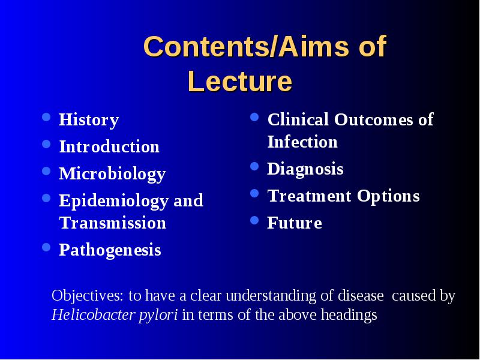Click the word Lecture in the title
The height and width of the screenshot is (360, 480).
pyautogui.click(x=240, y=81)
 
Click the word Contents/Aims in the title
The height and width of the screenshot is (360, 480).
pyautogui.click(x=246, y=46)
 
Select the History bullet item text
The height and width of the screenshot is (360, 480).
pyautogui.click(x=89, y=119)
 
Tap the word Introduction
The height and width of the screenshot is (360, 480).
pyautogui.click(x=109, y=146)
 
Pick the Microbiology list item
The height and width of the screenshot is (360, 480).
pyautogui.click(x=112, y=174)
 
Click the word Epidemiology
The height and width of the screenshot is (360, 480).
pyautogui.click(x=113, y=201)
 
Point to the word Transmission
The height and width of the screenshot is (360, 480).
pyautogui.click(x=113, y=223)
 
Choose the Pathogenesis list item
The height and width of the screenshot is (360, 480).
pyautogui.click(x=110, y=250)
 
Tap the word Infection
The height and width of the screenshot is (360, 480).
pyautogui.click(x=302, y=142)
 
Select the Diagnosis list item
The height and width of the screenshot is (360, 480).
pyautogui.click(x=305, y=169)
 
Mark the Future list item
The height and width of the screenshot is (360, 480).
pyautogui.click(x=295, y=223)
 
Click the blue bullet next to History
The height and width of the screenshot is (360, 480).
pyautogui.click(x=46, y=117)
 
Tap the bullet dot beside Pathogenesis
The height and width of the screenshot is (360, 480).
pyautogui.click(x=46, y=247)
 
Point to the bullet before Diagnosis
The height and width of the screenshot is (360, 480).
pyautogui.click(x=254, y=166)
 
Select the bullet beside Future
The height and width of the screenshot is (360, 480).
pyautogui.click(x=254, y=220)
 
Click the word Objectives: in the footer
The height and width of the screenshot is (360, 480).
pyautogui.click(x=87, y=296)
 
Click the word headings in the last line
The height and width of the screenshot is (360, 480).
pyautogui.click(x=349, y=315)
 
